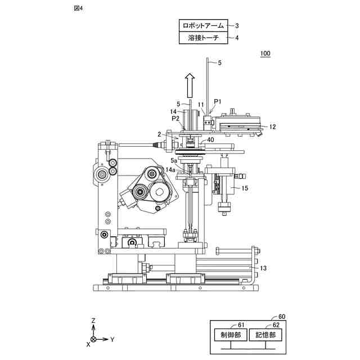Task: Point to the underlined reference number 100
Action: tap(265, 54)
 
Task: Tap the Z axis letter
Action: tap(93, 319)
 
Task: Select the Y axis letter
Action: tap(112, 340)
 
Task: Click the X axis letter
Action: tap(88, 344)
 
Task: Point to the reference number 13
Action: tap(262, 269)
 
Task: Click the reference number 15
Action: tap(245, 190)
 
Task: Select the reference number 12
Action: tap(272, 127)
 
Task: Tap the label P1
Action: tap(218, 102)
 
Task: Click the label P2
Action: tap(175, 119)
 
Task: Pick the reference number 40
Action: tap(210, 140)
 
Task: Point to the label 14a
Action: tap(170, 169)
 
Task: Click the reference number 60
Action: tap(282, 317)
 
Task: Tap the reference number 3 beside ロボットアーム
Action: tap(237, 25)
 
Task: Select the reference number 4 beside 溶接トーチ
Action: tap(237, 38)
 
